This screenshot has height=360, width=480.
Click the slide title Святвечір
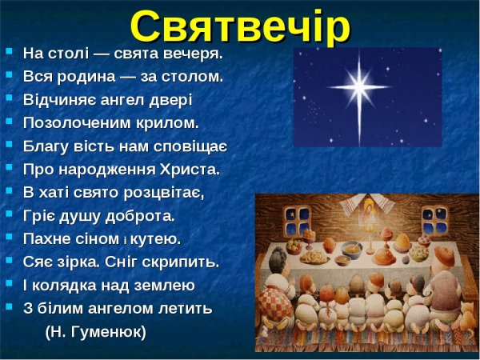point(240,26)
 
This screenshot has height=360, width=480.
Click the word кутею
point(156,239)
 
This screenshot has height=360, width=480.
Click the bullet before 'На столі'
point(9,52)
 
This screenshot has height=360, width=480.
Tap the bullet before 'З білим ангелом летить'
point(9,306)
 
